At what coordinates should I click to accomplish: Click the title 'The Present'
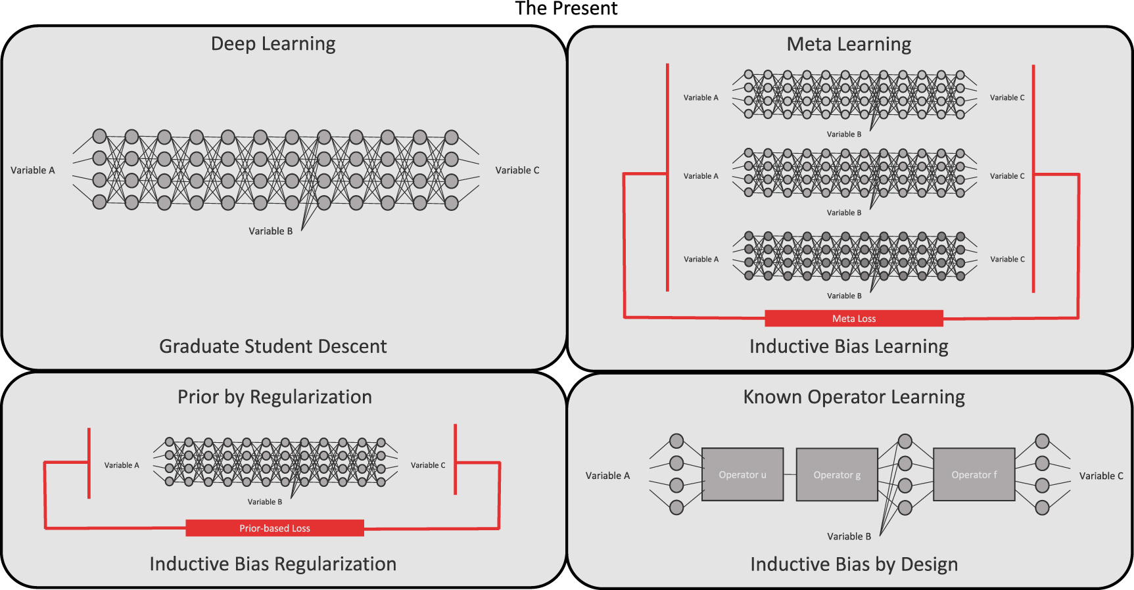566,9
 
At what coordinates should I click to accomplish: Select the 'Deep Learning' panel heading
273,44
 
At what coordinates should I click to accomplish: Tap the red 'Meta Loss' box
853,319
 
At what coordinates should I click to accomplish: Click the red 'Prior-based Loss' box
274,528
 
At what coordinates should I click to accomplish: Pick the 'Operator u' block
742,475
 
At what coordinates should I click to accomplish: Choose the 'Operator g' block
836,475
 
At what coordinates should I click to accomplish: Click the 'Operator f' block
974,475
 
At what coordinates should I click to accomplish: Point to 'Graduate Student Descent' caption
273,346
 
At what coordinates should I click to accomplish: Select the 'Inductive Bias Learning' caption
849,346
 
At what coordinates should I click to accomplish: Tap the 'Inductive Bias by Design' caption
853,564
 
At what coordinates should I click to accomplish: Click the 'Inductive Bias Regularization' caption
273,564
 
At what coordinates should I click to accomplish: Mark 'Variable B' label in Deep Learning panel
270,231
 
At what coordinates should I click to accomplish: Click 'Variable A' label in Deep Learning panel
33,170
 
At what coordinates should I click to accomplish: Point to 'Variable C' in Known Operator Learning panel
1101,476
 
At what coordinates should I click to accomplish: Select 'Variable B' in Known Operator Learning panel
849,537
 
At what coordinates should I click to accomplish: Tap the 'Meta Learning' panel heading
849,44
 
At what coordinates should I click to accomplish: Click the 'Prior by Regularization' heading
274,397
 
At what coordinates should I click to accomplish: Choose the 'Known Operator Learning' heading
853,397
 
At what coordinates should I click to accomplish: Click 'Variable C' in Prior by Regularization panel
427,465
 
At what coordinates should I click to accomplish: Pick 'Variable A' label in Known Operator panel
607,476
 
